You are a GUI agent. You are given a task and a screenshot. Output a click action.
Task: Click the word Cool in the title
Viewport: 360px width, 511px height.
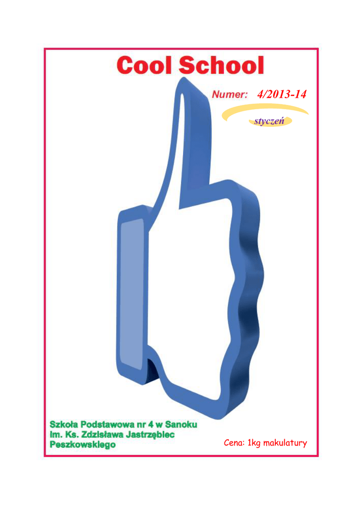coord(144,65)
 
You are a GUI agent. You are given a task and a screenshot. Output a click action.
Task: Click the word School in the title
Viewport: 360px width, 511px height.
coord(221,65)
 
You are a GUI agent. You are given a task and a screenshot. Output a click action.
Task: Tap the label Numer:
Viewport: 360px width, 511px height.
coord(230,94)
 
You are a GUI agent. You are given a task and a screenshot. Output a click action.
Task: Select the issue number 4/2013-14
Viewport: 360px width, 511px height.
coord(282,94)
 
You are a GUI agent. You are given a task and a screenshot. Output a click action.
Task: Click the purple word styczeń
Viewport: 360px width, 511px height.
coord(270,121)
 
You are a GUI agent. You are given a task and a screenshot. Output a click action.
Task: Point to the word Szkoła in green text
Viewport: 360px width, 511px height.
coord(64,424)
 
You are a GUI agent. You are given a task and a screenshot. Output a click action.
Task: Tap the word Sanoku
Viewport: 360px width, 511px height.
coord(181,424)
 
